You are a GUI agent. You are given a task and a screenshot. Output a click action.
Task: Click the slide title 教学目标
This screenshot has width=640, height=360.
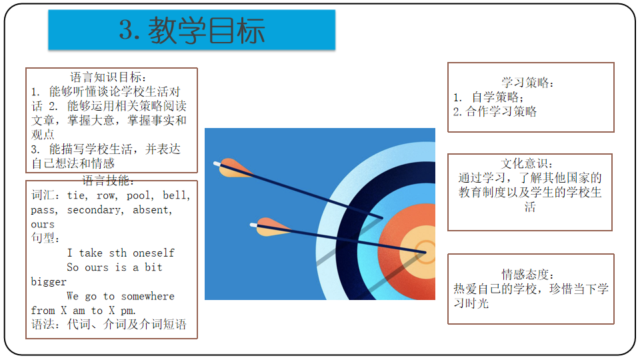[x=206, y=30]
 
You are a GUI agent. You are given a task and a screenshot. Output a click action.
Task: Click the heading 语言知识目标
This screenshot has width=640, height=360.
[x=106, y=77]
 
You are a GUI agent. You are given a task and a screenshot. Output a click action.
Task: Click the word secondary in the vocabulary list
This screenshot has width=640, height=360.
[x=93, y=210]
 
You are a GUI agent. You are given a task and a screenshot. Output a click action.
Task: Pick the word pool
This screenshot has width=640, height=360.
[x=139, y=195]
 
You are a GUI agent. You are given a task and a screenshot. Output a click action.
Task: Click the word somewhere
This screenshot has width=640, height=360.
[x=148, y=296]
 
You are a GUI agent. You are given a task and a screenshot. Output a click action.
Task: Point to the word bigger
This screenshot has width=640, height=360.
[x=49, y=282]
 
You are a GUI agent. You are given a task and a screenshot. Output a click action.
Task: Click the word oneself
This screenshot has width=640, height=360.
[x=153, y=253]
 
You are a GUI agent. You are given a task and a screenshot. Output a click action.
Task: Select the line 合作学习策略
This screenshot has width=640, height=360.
[x=501, y=111]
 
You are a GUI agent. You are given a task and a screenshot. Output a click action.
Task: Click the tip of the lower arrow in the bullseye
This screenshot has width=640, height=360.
[x=425, y=252]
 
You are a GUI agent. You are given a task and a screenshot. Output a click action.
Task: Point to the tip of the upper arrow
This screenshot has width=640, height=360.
[x=382, y=217]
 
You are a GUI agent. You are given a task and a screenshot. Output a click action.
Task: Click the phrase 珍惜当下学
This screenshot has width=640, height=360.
[x=579, y=289]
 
